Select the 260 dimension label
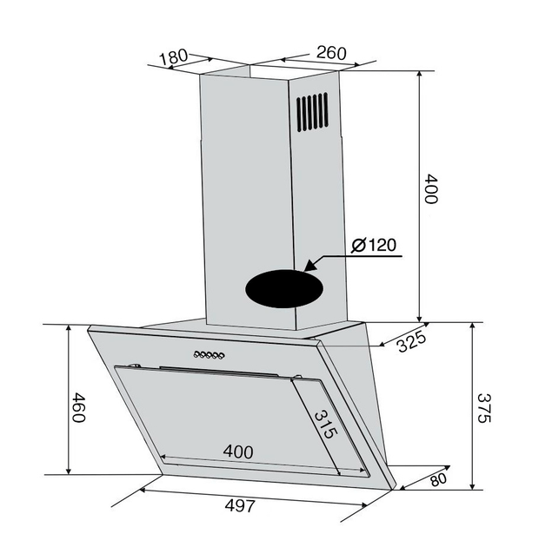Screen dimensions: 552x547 (x=331, y=53)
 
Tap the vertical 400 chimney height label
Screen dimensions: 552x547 (x=430, y=188)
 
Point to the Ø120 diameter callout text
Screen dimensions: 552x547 (x=374, y=245)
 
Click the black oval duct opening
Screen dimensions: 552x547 (x=284, y=289)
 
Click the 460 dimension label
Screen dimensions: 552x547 (x=78, y=407)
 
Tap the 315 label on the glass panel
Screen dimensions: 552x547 (x=326, y=425)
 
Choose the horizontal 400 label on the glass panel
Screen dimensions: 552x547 (x=238, y=451)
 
